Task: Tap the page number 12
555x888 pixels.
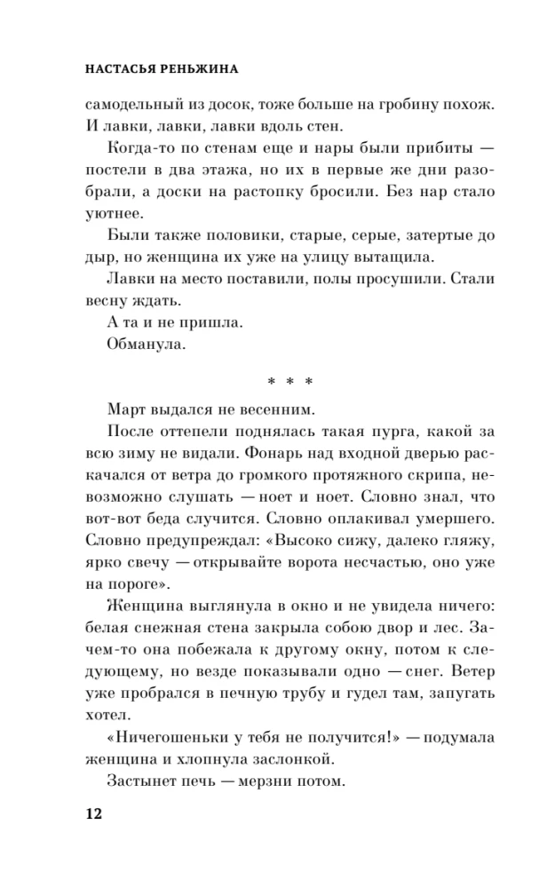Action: coord(93,814)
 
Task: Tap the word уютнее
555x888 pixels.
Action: coord(115,216)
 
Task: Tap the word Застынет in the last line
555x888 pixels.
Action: coord(147,781)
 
